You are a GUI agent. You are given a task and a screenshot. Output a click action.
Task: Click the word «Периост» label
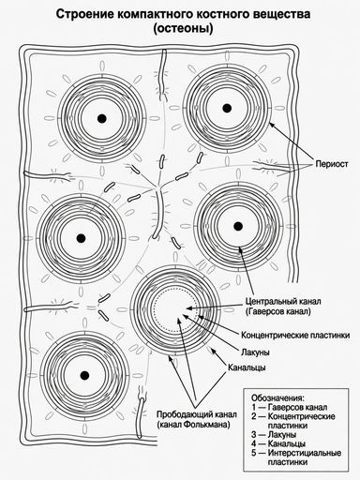332,163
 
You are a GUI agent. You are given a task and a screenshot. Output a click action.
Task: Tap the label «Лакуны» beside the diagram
255,352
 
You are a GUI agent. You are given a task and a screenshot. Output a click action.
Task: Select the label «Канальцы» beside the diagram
247,367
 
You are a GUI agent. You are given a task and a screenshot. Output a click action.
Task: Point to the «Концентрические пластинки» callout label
295,336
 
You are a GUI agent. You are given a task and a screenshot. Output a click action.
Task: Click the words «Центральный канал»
283,302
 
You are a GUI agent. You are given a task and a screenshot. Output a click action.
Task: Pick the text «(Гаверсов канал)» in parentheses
278,311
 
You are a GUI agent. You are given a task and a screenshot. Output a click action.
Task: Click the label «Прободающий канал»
197,414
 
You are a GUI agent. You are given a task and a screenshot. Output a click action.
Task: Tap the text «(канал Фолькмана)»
194,425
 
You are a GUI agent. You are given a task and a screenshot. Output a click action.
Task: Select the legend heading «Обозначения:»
277,398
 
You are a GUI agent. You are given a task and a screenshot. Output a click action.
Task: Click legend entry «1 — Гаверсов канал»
290,408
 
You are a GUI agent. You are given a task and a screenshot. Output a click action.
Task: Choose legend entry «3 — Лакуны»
274,435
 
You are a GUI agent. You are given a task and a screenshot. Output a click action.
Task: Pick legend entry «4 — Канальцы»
278,443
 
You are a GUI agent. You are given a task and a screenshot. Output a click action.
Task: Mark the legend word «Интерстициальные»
305,453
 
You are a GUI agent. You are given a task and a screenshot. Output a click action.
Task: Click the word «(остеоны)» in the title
183,28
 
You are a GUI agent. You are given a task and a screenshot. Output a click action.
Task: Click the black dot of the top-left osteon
102,118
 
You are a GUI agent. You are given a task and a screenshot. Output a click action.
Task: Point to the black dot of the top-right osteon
227,108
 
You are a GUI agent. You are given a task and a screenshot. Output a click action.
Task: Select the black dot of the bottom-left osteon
83,375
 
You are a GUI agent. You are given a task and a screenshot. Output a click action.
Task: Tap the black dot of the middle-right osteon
238,226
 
